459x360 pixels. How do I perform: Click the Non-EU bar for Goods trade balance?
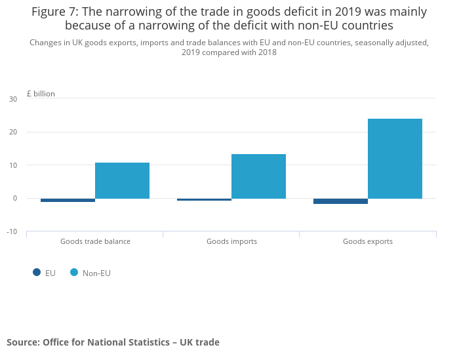(122, 180)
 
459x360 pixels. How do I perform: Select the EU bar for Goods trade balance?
(68, 200)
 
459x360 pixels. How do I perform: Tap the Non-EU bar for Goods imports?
(258, 176)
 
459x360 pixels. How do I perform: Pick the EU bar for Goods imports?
(204, 199)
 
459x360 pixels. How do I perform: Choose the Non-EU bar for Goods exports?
(395, 158)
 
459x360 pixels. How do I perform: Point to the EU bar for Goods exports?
(340, 201)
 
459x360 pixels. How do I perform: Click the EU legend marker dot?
(37, 273)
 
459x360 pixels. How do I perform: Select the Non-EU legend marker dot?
(74, 273)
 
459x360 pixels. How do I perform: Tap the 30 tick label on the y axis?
(13, 99)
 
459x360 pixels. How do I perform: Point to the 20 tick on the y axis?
(13, 132)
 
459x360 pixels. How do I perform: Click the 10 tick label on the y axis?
(13, 165)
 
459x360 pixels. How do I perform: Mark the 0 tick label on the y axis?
(14, 198)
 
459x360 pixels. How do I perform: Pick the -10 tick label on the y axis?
(12, 231)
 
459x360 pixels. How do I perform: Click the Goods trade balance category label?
(95, 241)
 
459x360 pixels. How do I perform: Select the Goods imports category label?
(231, 241)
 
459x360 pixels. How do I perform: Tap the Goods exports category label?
(368, 241)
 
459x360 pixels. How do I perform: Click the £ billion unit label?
(41, 94)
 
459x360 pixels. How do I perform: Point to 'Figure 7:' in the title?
(55, 12)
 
